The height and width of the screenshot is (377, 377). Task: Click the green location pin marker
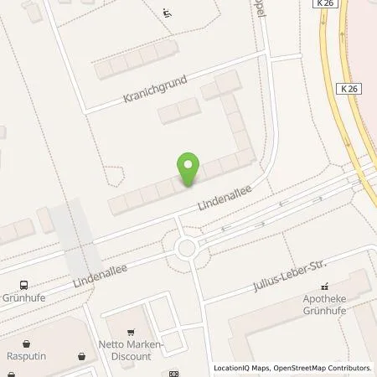pyautogui.click(x=189, y=169)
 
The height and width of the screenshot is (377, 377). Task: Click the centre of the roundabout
pyautogui.click(x=186, y=248)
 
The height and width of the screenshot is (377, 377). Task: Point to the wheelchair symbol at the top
pyautogui.click(x=167, y=13)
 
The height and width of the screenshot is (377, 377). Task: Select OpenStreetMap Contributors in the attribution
pyautogui.click(x=323, y=368)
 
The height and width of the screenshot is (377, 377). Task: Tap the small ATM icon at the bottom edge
pyautogui.click(x=173, y=374)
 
